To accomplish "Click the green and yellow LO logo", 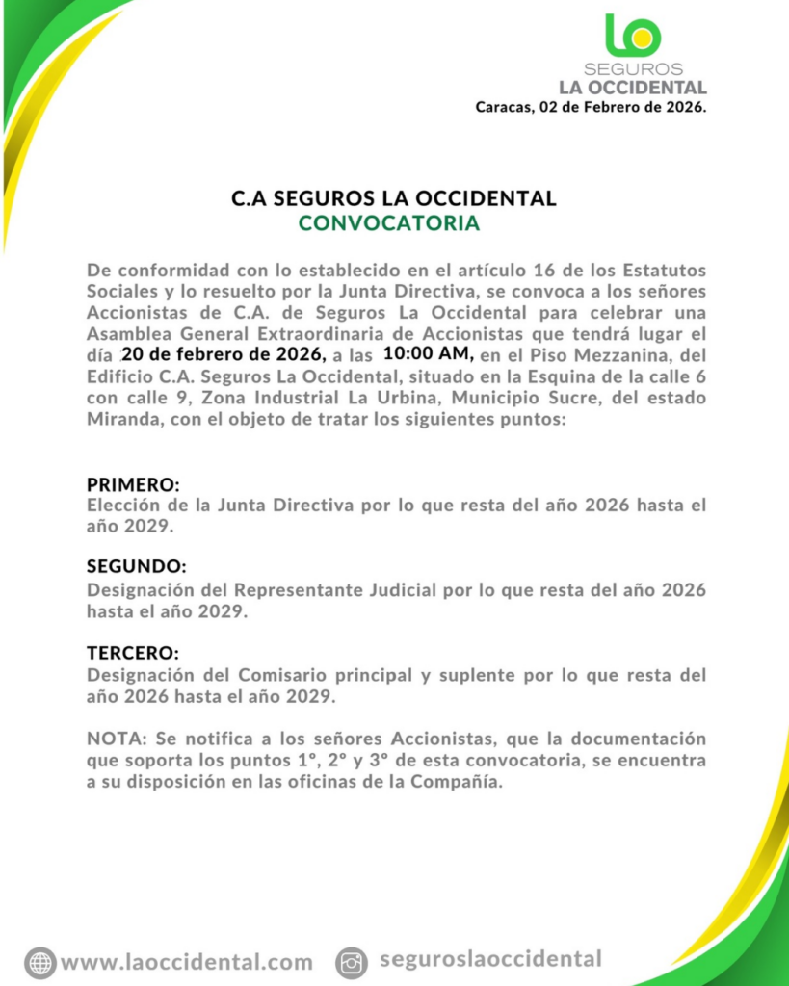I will pos(633,35).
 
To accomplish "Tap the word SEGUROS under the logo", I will pos(633,69).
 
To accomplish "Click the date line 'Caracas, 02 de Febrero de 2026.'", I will pos(591,107).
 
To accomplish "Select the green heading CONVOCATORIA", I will pos(389,224).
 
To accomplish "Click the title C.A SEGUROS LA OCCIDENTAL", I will pos(394,199).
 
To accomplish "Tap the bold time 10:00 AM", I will pos(429,354).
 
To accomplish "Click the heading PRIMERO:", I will pos(133,484).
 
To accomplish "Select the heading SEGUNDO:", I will pos(136,566).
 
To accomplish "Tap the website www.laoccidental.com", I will pos(187,962).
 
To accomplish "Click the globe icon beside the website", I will pos(39,962).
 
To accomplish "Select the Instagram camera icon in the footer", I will pos(353,962).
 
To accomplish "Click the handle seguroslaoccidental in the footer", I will pos(490,959).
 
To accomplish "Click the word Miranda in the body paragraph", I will pos(120,419).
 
